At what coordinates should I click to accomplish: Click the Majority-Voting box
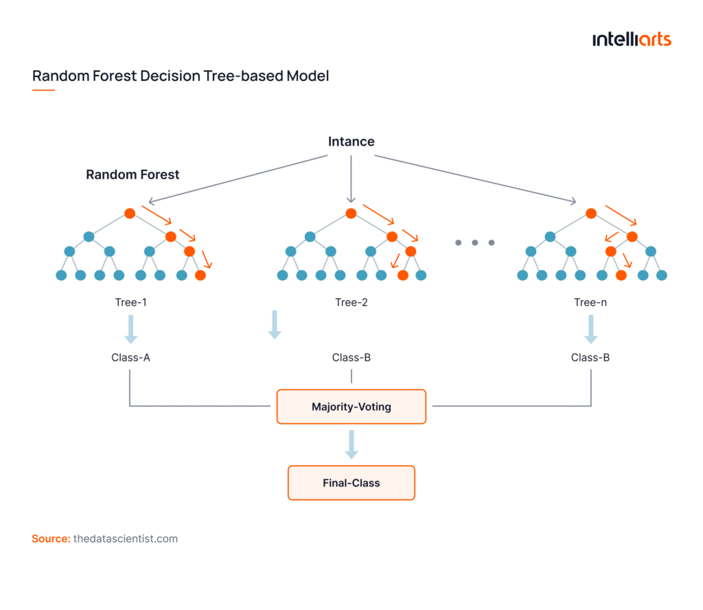[351, 407]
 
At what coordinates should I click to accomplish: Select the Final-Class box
[351, 483]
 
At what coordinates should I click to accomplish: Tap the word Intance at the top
[351, 142]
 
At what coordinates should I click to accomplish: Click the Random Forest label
[132, 174]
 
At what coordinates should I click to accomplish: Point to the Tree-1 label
[130, 302]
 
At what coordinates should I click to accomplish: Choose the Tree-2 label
[351, 302]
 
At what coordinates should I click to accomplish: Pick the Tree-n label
[590, 302]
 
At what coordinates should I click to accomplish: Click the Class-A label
[130, 357]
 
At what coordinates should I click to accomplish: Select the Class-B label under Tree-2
[351, 357]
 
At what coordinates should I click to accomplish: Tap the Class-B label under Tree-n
[590, 357]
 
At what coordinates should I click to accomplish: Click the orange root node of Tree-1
[130, 214]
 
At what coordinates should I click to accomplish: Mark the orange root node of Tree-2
[351, 214]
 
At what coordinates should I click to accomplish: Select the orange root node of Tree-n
[591, 214]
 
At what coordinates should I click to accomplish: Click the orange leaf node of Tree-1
[200, 275]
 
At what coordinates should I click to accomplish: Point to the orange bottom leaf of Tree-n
[621, 275]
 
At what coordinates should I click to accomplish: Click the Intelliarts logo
[632, 40]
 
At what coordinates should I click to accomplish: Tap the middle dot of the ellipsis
[474, 242]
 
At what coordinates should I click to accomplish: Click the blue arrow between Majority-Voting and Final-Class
[351, 444]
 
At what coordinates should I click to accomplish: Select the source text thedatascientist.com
[125, 539]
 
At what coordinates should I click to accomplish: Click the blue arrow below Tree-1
[130, 329]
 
